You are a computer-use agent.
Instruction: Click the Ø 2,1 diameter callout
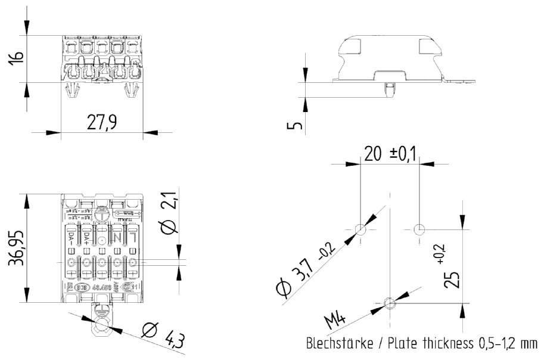click(x=169, y=218)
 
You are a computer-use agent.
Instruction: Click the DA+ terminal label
click(x=86, y=239)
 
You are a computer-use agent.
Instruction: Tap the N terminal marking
click(x=117, y=239)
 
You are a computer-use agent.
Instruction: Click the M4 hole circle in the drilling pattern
click(x=390, y=303)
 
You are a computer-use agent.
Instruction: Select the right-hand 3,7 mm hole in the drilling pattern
click(x=419, y=229)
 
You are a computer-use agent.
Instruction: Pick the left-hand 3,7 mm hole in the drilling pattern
click(x=360, y=229)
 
